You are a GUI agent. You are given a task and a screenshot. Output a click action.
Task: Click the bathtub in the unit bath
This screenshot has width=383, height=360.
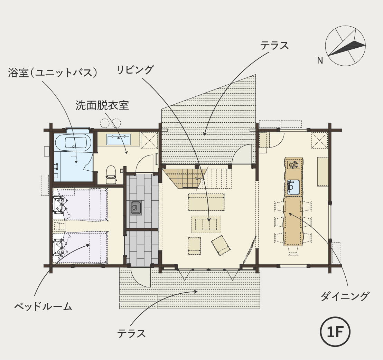tap(73, 142)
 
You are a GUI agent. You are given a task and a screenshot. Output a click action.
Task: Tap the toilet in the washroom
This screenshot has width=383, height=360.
tap(111, 174)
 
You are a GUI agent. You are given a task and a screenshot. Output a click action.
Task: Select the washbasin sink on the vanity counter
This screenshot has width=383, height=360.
tap(119, 139)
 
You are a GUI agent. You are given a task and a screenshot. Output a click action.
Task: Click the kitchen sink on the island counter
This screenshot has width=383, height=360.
tap(293, 188)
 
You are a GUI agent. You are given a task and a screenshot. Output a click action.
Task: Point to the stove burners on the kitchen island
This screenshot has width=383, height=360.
tap(293, 165)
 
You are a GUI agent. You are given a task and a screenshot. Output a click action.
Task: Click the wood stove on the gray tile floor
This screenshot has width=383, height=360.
tap(136, 208)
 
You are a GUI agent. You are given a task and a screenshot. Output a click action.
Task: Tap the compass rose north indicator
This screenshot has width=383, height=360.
tap(345, 46)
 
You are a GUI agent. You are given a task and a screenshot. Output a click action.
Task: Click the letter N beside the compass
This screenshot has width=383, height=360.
tap(320, 60)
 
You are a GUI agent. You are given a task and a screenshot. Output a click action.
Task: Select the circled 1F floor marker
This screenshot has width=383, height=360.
tap(335, 332)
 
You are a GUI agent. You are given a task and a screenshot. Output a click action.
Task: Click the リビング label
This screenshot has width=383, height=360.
tap(135, 69)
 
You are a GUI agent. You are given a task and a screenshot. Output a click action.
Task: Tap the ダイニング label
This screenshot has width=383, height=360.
tap(344, 296)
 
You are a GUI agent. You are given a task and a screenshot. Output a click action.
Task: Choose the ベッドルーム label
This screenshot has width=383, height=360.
tap(43, 306)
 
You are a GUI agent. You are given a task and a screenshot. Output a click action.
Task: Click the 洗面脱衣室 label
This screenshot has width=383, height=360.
tap(102, 105)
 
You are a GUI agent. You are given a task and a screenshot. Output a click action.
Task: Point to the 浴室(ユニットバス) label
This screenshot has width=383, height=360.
tap(53, 73)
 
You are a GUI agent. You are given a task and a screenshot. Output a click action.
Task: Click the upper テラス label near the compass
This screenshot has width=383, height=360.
tap(274, 46)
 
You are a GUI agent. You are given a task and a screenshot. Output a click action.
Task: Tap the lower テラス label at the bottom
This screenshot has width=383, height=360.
tap(131, 333)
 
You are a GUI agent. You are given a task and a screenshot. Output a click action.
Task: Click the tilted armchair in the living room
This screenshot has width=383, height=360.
tap(221, 245)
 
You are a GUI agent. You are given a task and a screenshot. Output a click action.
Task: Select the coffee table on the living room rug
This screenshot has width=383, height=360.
tap(206, 224)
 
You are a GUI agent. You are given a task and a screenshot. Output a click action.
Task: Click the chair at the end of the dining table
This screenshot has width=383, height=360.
tap(293, 250)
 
